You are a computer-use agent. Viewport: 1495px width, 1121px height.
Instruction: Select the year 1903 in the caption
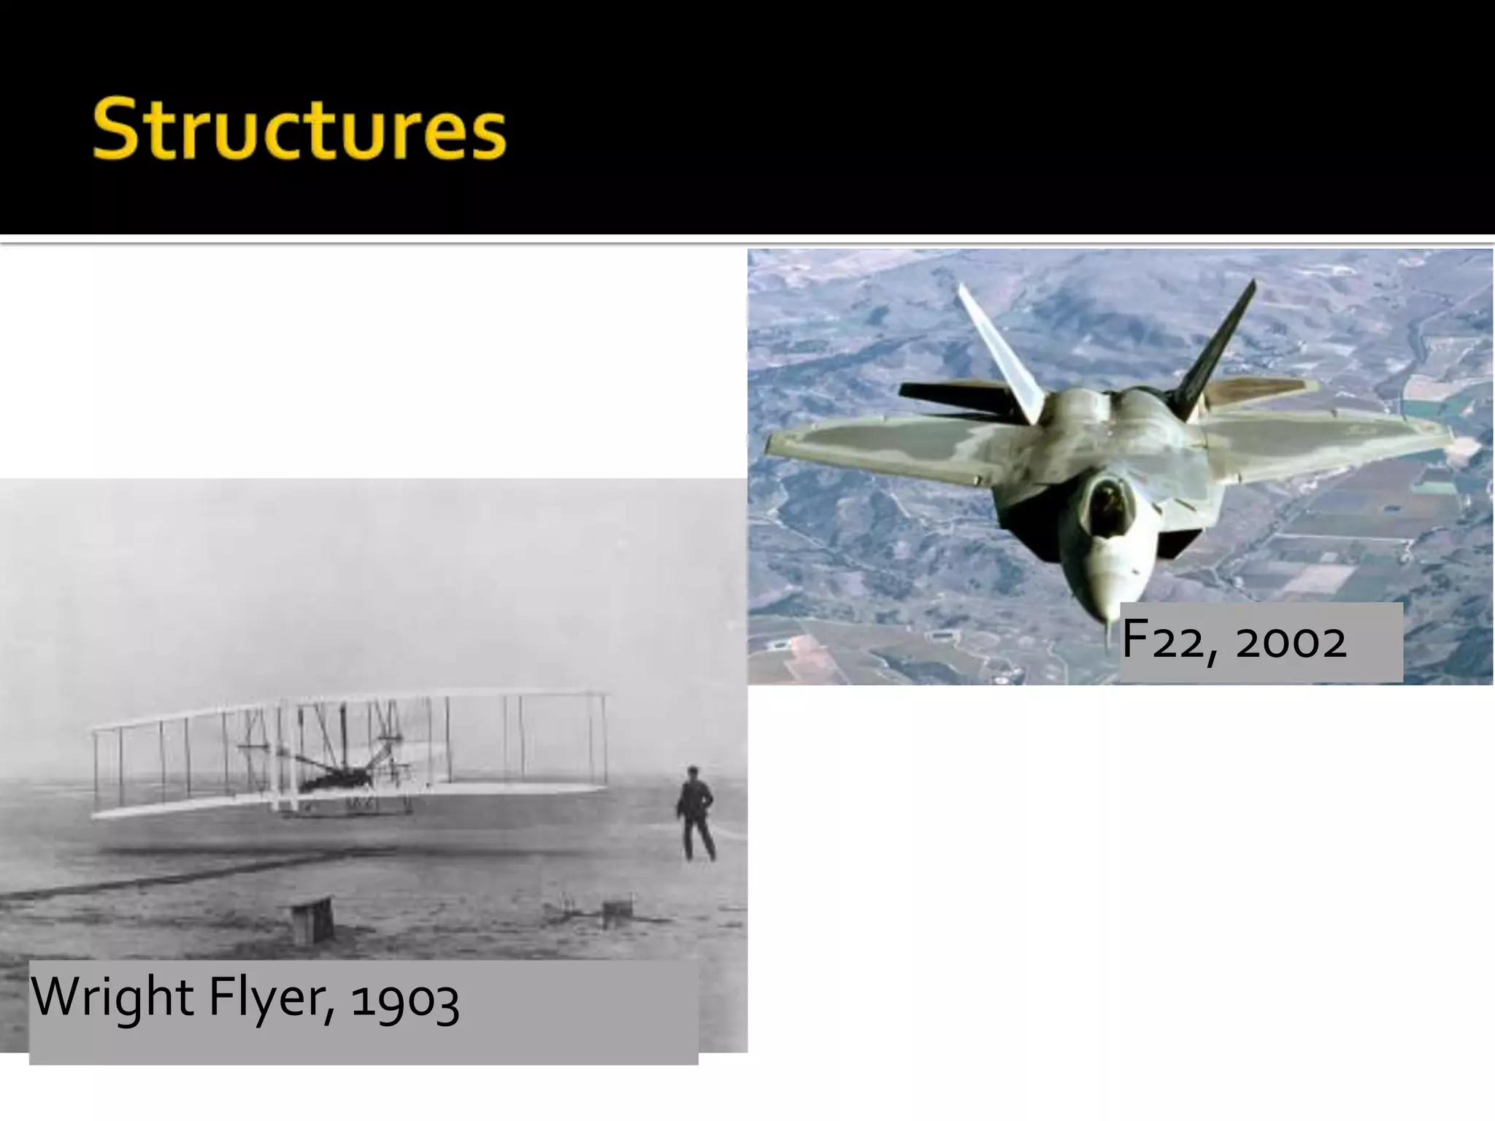tap(404, 1000)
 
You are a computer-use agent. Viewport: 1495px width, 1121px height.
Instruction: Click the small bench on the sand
tap(312, 921)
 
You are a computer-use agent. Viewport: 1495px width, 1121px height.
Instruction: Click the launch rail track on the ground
tap(146, 883)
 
